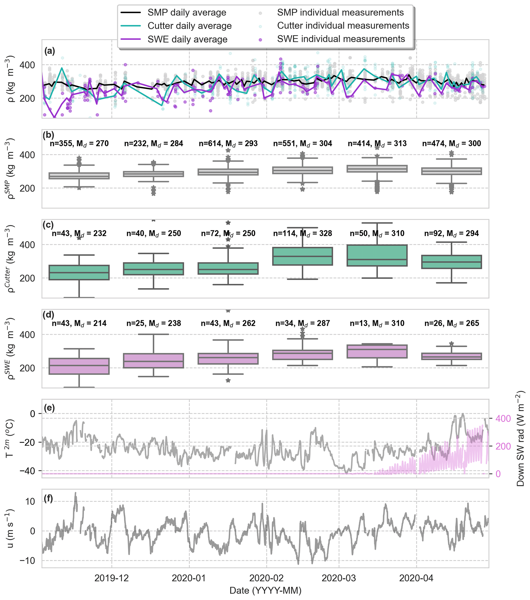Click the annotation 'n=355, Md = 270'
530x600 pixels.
click(79, 143)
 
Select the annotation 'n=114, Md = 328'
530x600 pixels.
click(302, 233)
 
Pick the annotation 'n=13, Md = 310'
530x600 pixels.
click(377, 323)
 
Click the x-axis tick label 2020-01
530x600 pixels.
click(189, 578)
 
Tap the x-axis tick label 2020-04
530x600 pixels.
click(416, 578)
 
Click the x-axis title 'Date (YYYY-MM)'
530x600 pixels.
click(265, 590)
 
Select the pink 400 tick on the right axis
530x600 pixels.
click(503, 419)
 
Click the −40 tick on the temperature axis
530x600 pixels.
click(27, 471)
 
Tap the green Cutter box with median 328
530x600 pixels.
click(302, 256)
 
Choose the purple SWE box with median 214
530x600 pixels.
click(79, 366)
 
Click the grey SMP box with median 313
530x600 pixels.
click(377, 169)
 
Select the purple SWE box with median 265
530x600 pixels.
click(452, 356)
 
